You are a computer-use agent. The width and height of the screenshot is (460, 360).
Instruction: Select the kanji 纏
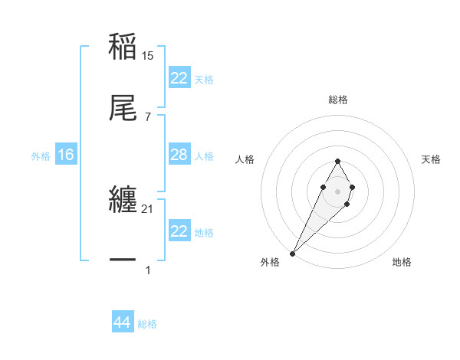pyautogui.click(x=123, y=199)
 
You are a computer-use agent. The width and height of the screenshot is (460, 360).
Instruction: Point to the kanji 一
pyautogui.click(x=123, y=260)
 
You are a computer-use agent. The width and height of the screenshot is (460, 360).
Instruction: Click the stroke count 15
pyautogui.click(x=149, y=56)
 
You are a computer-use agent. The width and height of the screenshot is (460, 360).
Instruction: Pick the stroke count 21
pyautogui.click(x=149, y=209)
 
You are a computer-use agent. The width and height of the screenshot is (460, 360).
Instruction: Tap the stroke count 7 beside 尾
pyautogui.click(x=148, y=117)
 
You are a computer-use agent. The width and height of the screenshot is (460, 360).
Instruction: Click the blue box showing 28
pyautogui.click(x=179, y=155)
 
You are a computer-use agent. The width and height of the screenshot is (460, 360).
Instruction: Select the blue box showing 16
pyautogui.click(x=66, y=155)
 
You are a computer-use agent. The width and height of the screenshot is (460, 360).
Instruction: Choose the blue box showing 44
pyautogui.click(x=122, y=323)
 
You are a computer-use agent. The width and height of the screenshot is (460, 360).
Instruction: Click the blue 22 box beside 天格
pyautogui.click(x=179, y=78)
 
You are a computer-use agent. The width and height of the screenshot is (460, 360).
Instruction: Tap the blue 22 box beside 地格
pyautogui.click(x=179, y=231)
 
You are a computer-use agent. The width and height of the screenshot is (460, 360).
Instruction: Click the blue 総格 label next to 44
pyautogui.click(x=147, y=324)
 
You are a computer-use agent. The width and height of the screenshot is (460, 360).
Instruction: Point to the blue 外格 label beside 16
pyautogui.click(x=41, y=155)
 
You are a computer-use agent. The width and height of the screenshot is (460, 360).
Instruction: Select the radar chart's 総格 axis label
pyautogui.click(x=338, y=100)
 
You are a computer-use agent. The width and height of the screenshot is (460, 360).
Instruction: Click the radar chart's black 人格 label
pyautogui.click(x=245, y=159)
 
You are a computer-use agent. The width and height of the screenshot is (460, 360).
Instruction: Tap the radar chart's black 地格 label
pyautogui.click(x=402, y=262)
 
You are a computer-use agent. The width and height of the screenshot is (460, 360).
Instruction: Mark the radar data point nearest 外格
pyautogui.click(x=293, y=253)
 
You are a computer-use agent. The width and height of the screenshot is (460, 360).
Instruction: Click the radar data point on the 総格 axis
pyautogui.click(x=337, y=161)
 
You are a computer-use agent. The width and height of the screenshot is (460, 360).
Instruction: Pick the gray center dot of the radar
pyautogui.click(x=337, y=190)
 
